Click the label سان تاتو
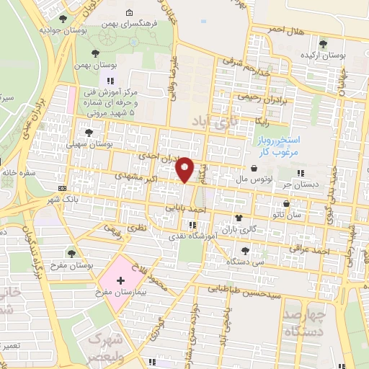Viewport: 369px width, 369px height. click(304, 215)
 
